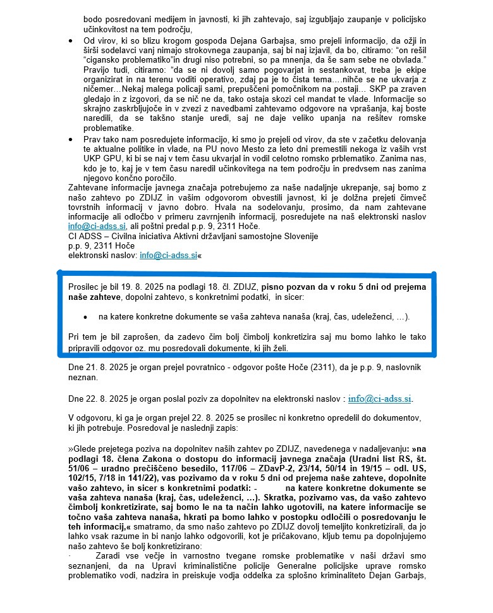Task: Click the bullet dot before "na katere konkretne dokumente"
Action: pos(85,315)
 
